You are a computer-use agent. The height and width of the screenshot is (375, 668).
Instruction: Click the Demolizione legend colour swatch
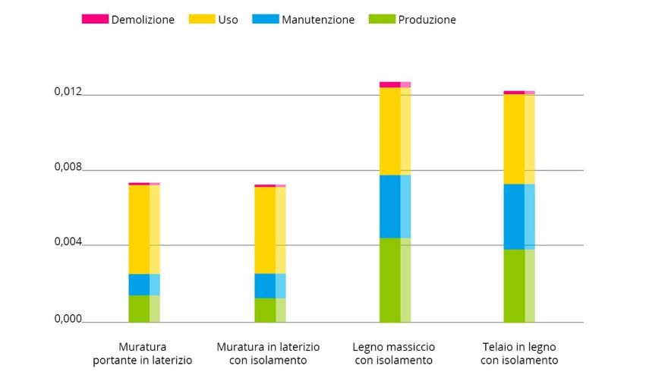coord(95,19)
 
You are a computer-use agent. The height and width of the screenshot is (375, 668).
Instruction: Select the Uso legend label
coord(228,20)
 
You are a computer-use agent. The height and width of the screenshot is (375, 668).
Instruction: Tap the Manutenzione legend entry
coord(317,20)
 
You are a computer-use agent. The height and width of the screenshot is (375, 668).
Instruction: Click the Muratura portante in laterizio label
coord(143,354)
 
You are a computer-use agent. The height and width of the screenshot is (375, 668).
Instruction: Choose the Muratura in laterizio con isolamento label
coord(269,354)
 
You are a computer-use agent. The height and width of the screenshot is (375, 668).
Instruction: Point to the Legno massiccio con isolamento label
coord(394,354)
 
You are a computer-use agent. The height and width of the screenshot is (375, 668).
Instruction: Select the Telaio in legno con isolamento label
coord(519,354)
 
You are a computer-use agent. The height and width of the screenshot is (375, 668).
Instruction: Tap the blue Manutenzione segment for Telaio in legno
coord(519,216)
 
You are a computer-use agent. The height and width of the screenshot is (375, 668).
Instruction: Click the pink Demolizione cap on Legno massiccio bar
coord(395,84)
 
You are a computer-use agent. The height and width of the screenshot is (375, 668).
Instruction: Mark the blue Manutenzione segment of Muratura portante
coord(143,284)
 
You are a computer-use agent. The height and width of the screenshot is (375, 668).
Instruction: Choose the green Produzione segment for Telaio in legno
coord(519,285)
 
